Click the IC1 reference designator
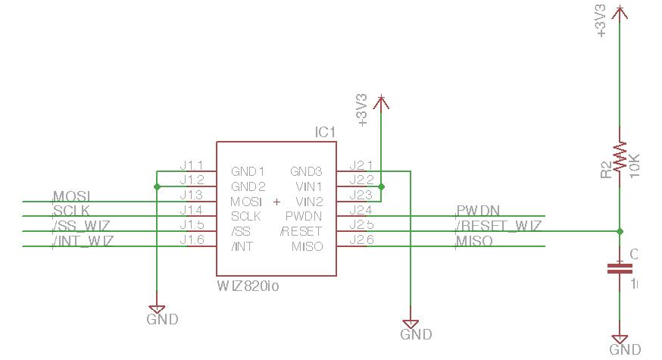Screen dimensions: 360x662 [325, 133]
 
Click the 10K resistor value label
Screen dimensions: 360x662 [635, 165]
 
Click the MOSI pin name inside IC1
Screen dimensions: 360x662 [246, 202]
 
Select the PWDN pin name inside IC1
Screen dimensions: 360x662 [304, 217]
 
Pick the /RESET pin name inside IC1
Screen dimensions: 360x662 [301, 231]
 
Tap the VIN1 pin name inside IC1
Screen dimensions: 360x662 [308, 186]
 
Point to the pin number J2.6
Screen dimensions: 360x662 [361, 239]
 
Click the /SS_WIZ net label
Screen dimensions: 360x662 [81, 226]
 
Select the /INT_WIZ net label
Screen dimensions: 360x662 [83, 241]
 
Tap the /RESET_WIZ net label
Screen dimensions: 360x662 [498, 226]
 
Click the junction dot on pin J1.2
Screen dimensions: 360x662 [157, 186]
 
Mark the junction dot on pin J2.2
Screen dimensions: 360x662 [381, 186]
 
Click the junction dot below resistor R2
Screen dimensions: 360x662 [620, 231]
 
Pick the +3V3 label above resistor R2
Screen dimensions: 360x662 [601, 21]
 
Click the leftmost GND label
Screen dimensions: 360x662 [162, 319]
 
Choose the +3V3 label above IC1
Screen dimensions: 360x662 [361, 110]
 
